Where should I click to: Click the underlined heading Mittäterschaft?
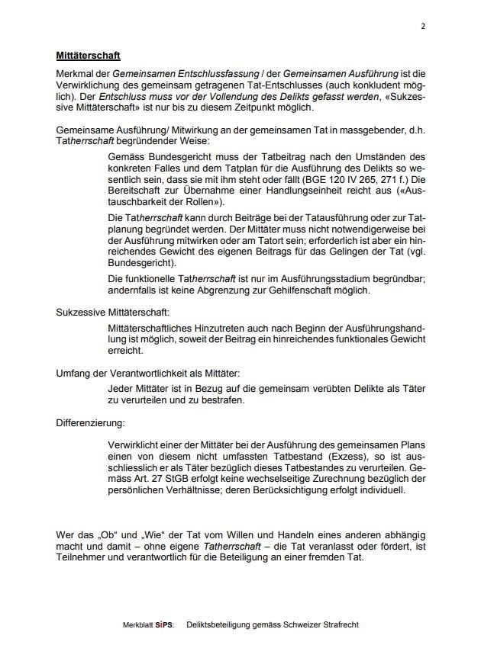pyautogui.click(x=88, y=56)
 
